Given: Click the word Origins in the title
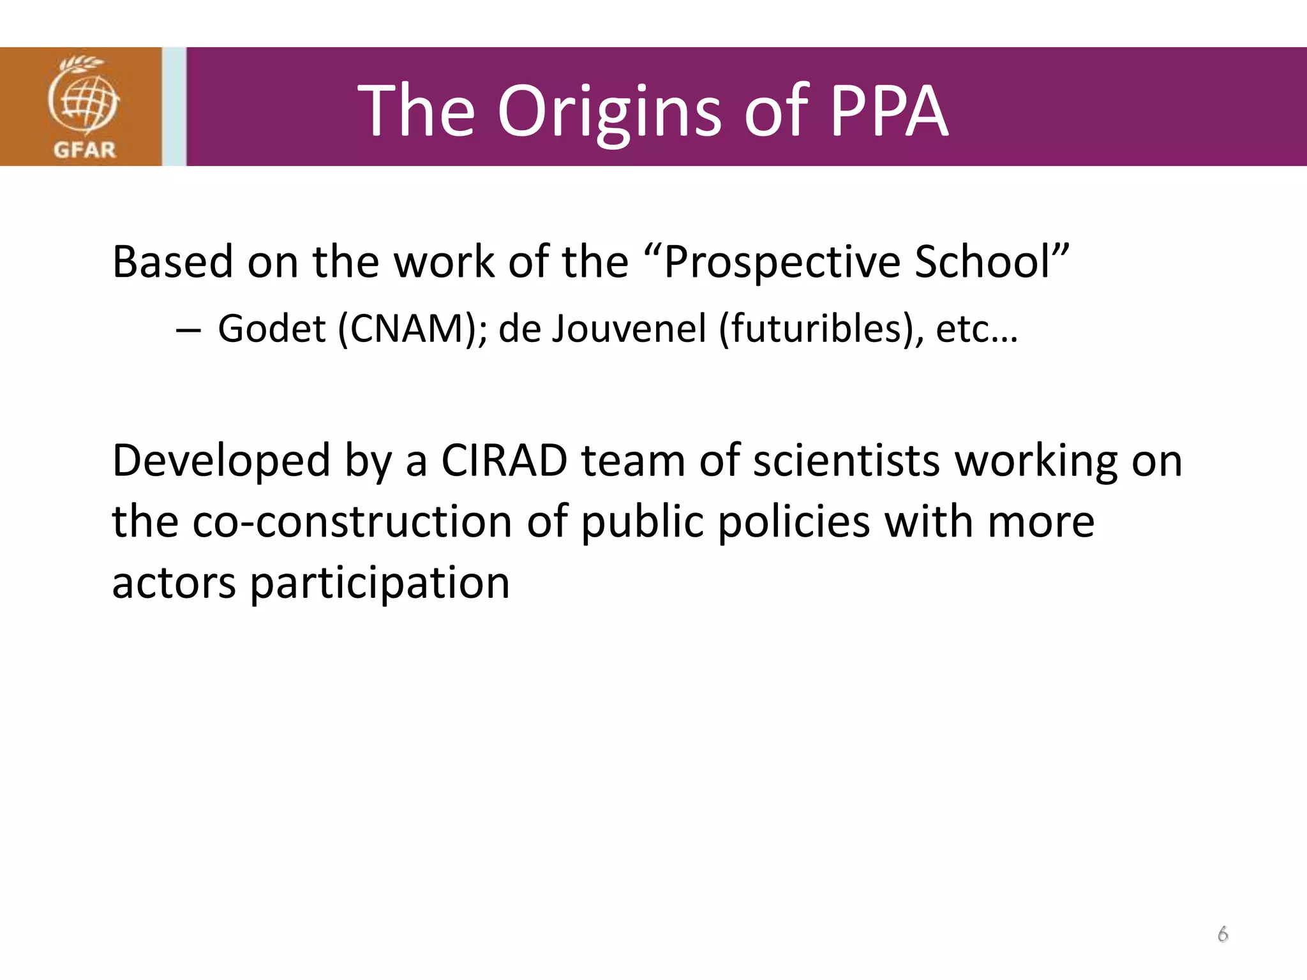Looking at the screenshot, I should pos(609,112).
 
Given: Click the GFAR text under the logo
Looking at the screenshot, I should pos(84,150).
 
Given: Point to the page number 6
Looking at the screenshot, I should pos(1223,934).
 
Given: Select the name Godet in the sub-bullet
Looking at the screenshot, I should pos(272,329).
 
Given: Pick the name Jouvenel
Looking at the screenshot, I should pos(629,329).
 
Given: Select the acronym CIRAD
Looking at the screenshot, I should pos(504,461).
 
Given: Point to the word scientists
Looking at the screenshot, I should pos(846,461).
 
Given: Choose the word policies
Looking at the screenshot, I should pos(793,522).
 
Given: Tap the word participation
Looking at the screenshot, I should pos(379,584).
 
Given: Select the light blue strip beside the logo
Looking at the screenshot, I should pos(174,107).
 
